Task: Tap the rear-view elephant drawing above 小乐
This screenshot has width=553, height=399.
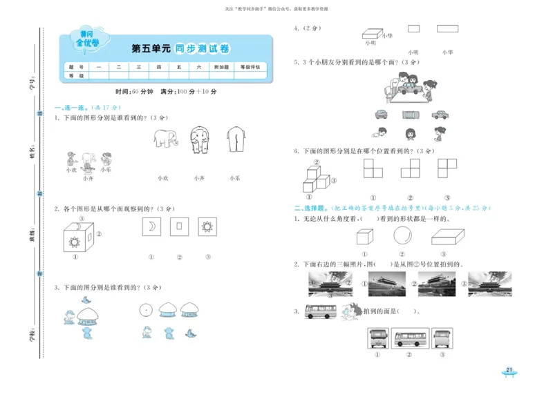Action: coord(235,143)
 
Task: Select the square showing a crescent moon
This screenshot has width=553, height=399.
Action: coord(149,226)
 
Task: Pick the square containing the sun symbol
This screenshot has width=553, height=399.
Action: coord(207,226)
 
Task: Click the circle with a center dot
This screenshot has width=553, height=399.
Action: coord(145,310)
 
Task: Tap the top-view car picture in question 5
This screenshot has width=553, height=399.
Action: coord(409,115)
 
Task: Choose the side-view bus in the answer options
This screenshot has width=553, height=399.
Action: coord(411,338)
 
